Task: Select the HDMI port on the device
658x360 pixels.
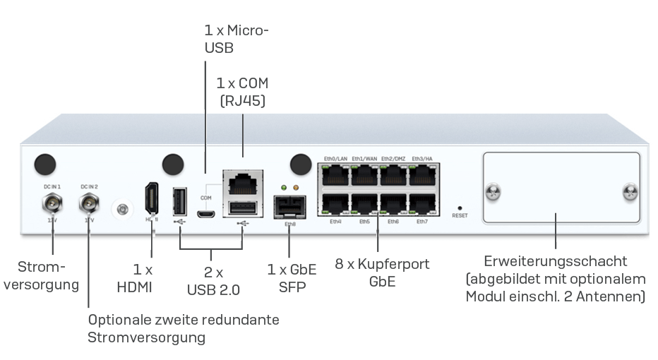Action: [x=151, y=198]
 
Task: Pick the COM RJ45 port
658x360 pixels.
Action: [x=244, y=181]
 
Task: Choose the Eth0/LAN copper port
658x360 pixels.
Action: [x=335, y=175]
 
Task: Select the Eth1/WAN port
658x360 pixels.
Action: [x=364, y=175]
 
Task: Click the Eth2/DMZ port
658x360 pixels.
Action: [x=393, y=175]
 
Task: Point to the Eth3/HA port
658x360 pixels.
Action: [x=422, y=175]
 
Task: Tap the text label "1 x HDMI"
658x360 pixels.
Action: [x=143, y=278]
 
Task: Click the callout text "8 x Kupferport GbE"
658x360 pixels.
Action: [x=382, y=272]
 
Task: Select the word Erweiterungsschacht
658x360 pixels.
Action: [x=556, y=261]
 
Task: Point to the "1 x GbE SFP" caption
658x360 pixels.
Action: [x=292, y=278]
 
